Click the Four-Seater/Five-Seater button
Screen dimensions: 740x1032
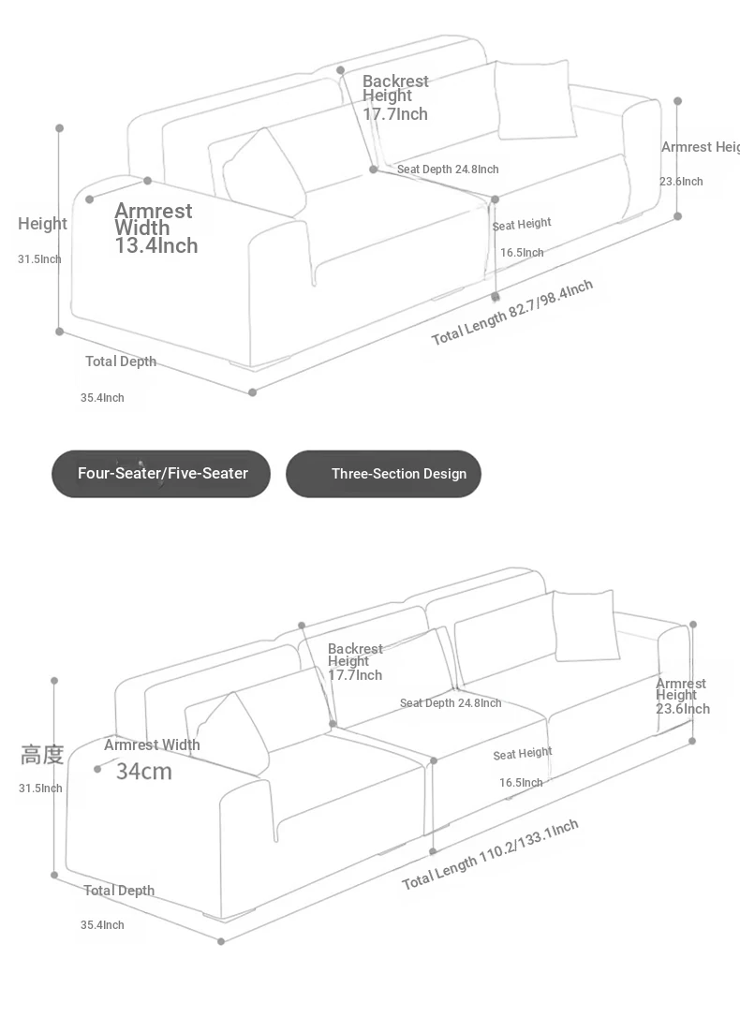pos(161,474)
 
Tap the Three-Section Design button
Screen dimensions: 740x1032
pos(383,474)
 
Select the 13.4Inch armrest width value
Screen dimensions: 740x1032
pos(156,246)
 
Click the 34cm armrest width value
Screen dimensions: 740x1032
pos(144,772)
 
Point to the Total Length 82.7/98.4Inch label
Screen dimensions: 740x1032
pos(512,312)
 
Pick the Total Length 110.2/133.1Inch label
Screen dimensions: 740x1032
pos(491,854)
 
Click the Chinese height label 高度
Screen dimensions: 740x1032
pos(42,755)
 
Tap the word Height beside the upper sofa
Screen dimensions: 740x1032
pos(43,224)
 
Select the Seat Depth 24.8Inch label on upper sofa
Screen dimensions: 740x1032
pos(448,170)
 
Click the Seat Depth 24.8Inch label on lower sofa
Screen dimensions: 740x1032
pos(451,703)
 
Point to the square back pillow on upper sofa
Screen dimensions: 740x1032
pos(535,99)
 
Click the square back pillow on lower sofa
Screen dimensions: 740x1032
pos(585,626)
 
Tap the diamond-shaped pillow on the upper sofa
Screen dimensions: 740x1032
pos(265,170)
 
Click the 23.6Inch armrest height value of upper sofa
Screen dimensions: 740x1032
pos(681,182)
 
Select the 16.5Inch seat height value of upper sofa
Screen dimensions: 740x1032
pos(522,253)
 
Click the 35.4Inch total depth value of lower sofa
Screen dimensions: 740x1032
pos(102,924)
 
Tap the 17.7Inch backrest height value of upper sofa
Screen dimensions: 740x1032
pos(395,114)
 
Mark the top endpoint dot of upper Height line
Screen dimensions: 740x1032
pos(59,128)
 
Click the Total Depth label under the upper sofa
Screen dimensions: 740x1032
pos(121,361)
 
